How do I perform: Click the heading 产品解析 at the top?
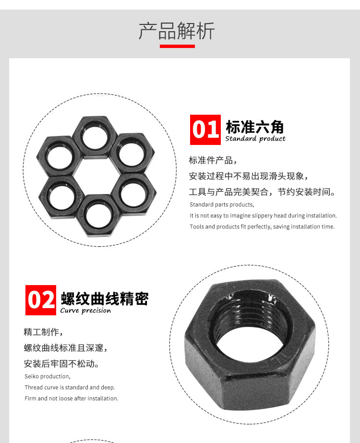[177, 31]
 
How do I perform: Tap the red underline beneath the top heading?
[177, 47]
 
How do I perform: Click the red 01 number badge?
[205, 130]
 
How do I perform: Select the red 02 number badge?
[41, 300]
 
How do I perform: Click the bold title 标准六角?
[254, 127]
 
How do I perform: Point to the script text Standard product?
[255, 138]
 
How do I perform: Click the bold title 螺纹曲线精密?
[105, 299]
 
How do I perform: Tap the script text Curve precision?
[85, 311]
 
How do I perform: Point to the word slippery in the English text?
[262, 216]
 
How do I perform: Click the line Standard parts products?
[222, 204]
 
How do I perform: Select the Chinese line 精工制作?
[43, 332]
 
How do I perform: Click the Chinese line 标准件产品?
[213, 160]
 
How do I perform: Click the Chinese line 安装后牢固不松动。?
[61, 364]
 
